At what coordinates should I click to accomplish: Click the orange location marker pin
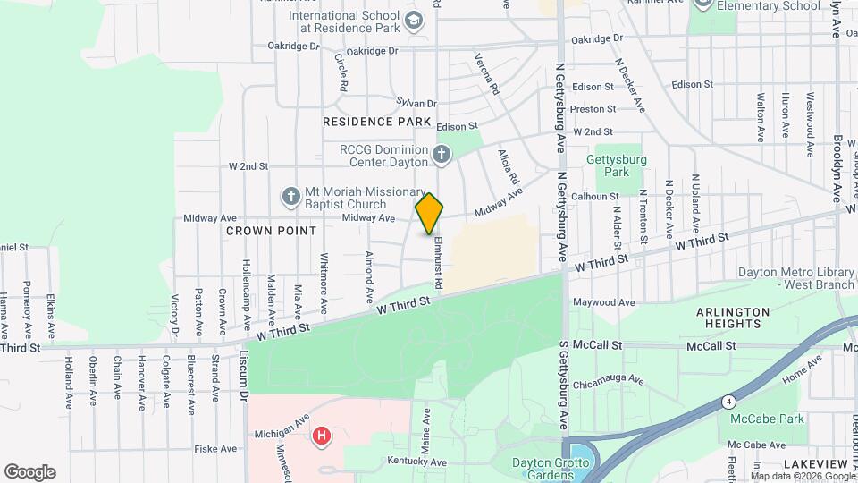429,213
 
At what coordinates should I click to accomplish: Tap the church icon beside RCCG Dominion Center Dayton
441,156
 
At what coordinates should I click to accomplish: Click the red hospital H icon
321,436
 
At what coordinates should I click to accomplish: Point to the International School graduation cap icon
414,21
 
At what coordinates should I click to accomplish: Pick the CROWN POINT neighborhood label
271,231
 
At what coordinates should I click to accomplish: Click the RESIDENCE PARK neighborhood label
376,122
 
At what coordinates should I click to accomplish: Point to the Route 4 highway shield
730,401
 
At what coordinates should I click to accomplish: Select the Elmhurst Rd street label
438,260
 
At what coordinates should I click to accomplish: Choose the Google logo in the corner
29,472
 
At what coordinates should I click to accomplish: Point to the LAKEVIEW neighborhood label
815,464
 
